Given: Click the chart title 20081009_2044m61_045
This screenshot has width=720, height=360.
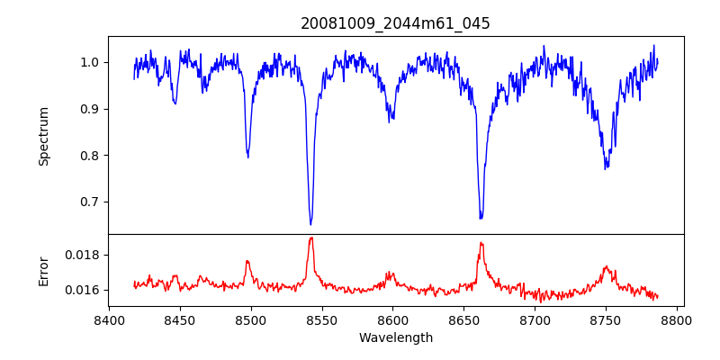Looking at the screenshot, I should click(x=395, y=23).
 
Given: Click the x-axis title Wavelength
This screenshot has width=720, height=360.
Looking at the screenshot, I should click(x=395, y=337).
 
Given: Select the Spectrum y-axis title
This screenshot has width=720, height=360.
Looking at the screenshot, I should click(x=43, y=136).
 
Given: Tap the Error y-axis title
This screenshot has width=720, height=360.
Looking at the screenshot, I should click(x=43, y=270).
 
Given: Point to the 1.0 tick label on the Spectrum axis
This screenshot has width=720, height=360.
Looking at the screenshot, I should click(x=90, y=62).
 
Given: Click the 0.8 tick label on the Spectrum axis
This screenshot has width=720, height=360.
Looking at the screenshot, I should click(x=90, y=155).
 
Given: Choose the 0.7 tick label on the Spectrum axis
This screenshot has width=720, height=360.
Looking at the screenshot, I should click(x=90, y=202).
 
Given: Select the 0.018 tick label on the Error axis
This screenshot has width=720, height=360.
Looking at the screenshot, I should click(x=84, y=255).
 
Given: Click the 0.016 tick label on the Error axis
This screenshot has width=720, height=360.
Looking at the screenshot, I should click(x=84, y=290).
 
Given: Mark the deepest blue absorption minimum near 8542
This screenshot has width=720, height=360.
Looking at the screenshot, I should click(x=310, y=224).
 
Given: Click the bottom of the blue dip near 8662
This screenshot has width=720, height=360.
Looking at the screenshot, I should click(x=481, y=218).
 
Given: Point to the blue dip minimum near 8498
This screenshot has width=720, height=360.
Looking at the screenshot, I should click(x=247, y=157).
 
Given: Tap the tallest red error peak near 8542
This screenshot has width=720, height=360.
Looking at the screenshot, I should click(x=310, y=238).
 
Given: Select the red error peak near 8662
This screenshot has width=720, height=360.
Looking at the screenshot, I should click(x=481, y=243).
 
